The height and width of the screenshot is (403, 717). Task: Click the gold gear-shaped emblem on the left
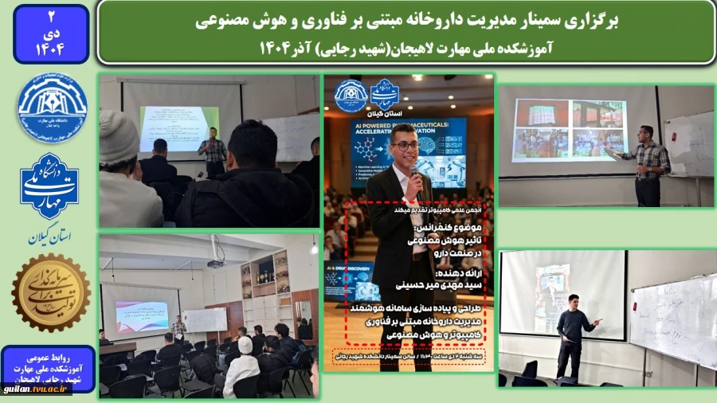(50, 292)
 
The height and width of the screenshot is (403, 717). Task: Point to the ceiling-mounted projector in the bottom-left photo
(215, 264)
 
